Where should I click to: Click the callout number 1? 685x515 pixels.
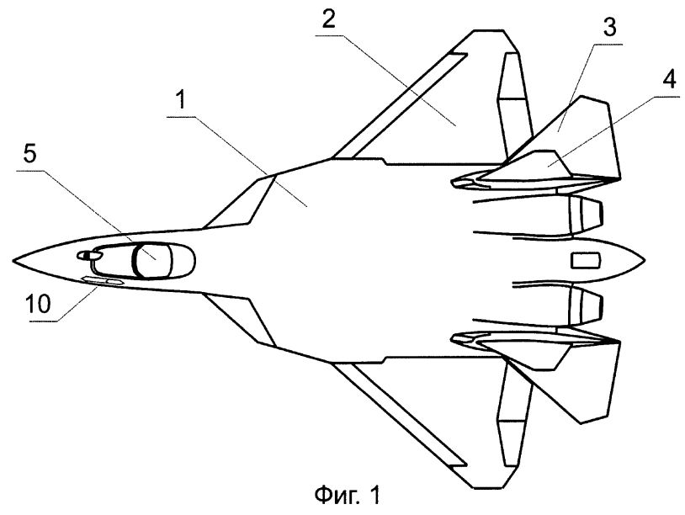[x=181, y=101]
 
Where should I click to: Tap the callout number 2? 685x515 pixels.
[x=328, y=19]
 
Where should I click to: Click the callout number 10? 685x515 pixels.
[x=38, y=304]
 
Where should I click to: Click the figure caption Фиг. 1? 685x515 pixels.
[x=348, y=496]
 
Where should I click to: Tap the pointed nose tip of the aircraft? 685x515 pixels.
[x=13, y=260]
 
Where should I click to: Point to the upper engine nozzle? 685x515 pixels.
[x=586, y=215]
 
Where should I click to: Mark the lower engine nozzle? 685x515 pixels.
[x=586, y=305]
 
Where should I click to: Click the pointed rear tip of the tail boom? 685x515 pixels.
[x=645, y=260]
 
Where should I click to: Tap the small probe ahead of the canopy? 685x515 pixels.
[x=84, y=255]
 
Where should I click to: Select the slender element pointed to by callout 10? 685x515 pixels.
[x=102, y=282]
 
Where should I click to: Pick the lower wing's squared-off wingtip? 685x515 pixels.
[x=488, y=487]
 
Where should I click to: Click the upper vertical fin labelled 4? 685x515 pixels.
[x=527, y=168]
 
